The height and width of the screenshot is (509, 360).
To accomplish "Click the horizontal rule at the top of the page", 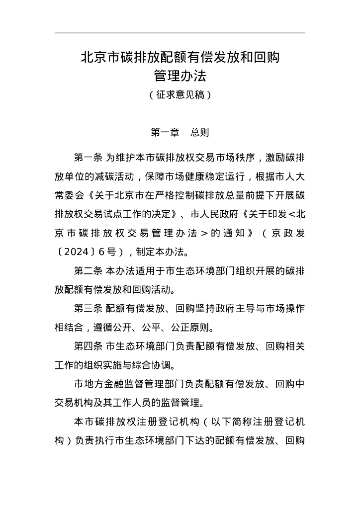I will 180,33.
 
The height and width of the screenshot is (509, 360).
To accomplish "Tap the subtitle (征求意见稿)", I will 180,94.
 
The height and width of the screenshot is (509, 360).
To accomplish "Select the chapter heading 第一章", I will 165,133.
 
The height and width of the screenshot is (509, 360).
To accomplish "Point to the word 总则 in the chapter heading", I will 200,133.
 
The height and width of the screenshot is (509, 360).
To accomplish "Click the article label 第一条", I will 88,158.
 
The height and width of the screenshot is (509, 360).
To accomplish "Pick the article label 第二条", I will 88,271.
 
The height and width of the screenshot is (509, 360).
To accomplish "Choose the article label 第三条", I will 88,309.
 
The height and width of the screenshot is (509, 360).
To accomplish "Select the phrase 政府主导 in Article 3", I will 227,309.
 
